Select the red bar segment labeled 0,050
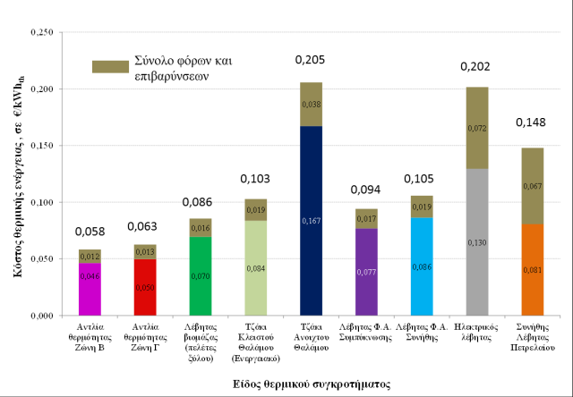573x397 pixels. pos(145,287)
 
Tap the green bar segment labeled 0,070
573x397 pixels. pos(200,276)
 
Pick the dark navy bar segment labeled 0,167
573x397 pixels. pos(311,220)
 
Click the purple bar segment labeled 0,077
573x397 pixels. pos(366,272)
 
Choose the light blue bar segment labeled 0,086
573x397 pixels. pos(421,266)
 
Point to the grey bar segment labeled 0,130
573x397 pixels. pos(477,241)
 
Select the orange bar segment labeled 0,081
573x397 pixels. pos(533,269)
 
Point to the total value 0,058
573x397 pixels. pos(90,232)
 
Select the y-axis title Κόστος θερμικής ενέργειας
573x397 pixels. pos(15,174)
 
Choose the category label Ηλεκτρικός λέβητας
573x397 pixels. pos(477,332)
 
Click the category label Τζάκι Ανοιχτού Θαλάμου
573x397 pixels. pos(311,338)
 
